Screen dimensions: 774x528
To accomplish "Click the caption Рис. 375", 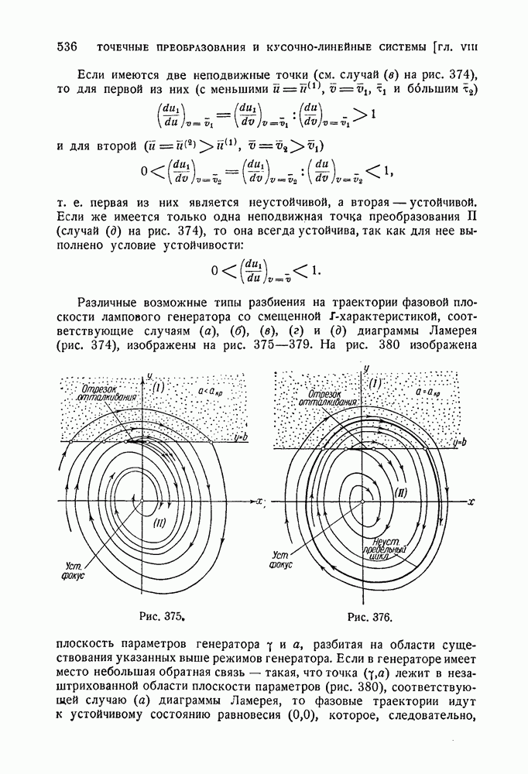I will (x=161, y=617).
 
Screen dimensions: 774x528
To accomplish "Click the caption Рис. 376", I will (x=371, y=618).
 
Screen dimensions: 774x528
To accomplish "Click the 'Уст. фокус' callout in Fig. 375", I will (x=70, y=570).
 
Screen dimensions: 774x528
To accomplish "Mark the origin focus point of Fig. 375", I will (x=143, y=501).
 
